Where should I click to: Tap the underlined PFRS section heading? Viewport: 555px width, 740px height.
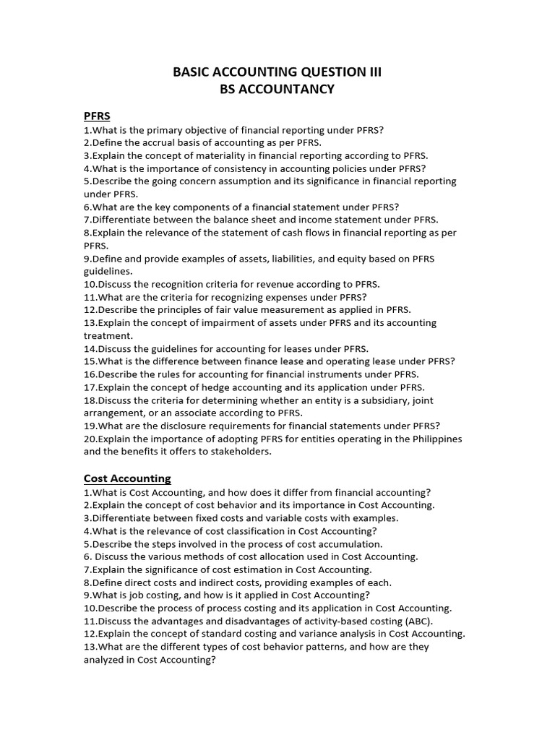click(97, 116)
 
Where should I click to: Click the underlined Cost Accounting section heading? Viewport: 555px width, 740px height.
click(127, 478)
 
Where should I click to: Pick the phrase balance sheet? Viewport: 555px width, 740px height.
click(236, 220)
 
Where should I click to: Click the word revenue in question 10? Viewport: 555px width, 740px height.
click(268, 284)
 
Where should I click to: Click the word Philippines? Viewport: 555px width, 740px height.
click(433, 439)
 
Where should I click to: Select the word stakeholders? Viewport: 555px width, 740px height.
click(239, 452)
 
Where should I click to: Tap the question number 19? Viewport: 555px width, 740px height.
click(90, 426)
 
